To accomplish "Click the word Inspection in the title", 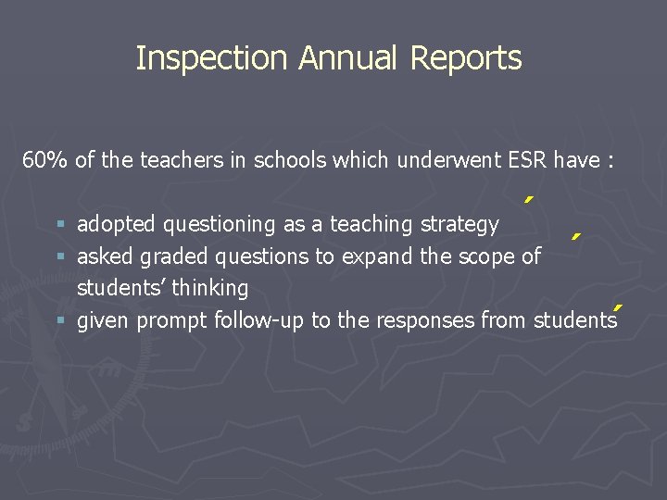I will pyautogui.click(x=212, y=58).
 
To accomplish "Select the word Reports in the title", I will pyautogui.click(x=466, y=58).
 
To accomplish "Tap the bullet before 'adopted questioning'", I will pyautogui.click(x=61, y=225).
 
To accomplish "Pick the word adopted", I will pyautogui.click(x=114, y=225).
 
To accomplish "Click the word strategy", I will pyautogui.click(x=459, y=225).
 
